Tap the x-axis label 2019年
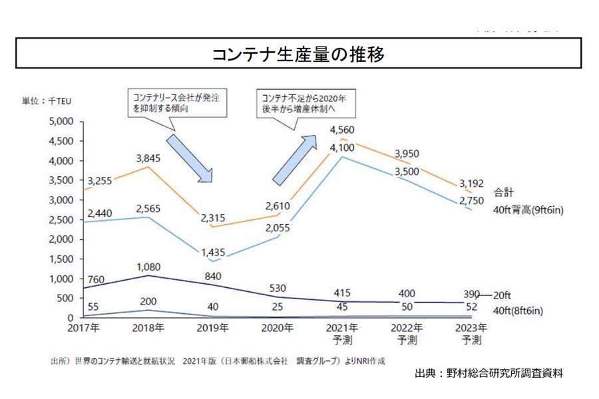point(214,328)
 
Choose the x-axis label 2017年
point(84,328)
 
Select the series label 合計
point(504,192)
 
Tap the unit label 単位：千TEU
point(46,101)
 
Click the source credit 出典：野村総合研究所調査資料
point(489,373)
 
